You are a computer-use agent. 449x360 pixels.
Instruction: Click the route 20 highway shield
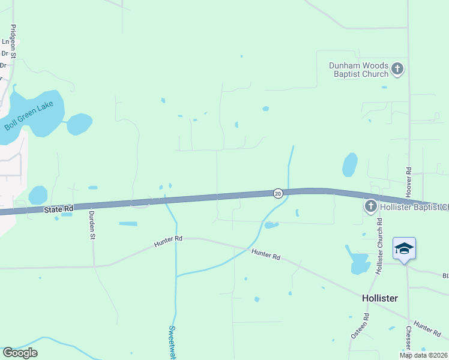pyautogui.click(x=278, y=193)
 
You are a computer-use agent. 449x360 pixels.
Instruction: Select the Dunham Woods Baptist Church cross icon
pyautogui.click(x=397, y=70)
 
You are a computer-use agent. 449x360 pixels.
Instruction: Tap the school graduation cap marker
pyautogui.click(x=404, y=248)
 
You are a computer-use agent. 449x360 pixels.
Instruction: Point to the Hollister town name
pyautogui.click(x=380, y=298)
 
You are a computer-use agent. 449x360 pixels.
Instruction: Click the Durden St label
pyautogui.click(x=92, y=226)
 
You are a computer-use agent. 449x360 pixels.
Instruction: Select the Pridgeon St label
pyautogui.click(x=13, y=41)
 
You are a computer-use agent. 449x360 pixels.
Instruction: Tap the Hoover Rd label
pyautogui.click(x=408, y=180)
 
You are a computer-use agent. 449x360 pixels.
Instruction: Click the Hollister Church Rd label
pyautogui.click(x=379, y=246)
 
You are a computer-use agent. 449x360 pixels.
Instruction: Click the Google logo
pyautogui.click(x=20, y=353)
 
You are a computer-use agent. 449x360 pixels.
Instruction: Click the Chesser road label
pyautogui.click(x=408, y=338)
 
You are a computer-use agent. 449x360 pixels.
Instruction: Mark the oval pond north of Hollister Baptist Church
pyautogui.click(x=349, y=164)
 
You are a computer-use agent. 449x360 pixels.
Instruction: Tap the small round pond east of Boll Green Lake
pyautogui.click(x=79, y=124)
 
